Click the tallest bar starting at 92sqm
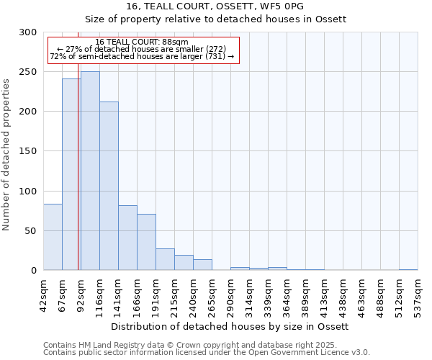90,171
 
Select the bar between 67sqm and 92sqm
71,174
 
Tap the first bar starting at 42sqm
53,237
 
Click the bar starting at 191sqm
165,259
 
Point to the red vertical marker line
78,158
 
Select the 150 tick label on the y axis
29,151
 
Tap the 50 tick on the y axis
32,231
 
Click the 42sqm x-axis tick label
43,294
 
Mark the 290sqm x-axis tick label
230,294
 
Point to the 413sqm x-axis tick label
324,294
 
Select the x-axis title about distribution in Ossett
230,326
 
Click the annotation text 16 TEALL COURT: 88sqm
142,42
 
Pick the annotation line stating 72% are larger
142,56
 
